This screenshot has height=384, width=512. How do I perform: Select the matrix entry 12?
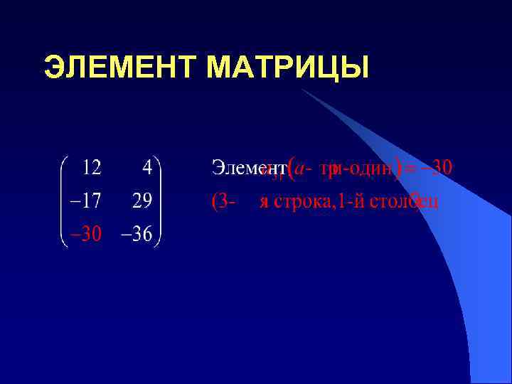(90, 168)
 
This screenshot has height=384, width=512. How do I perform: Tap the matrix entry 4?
(146, 168)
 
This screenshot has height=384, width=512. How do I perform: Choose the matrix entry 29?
(141, 202)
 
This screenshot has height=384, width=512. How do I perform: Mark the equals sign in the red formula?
(411, 169)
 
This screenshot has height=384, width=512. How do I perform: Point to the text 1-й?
(348, 202)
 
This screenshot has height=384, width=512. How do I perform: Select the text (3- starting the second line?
(223, 202)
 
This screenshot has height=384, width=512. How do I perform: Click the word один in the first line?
(372, 169)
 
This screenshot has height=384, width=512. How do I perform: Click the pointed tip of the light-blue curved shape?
(302, 90)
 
